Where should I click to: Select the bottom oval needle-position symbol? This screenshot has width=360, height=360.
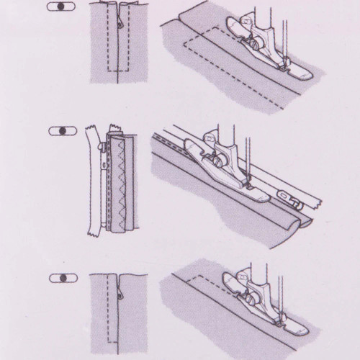click(x=63, y=277)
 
